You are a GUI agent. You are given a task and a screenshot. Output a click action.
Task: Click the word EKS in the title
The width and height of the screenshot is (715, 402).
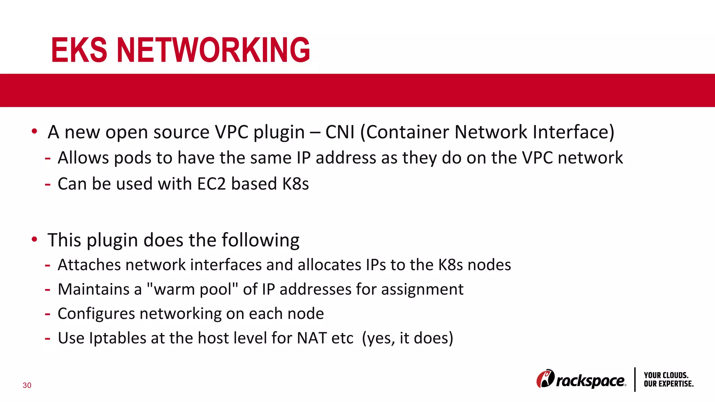pos(79,50)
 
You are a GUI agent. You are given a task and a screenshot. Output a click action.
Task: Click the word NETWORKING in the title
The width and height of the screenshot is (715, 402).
pos(213,50)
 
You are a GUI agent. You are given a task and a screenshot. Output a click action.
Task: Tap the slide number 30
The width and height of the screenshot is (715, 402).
pos(27,385)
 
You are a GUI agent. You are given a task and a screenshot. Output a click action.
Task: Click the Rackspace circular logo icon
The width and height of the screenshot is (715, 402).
pos(545,379)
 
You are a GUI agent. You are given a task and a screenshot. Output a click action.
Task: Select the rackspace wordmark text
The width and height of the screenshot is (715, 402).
pos(590,381)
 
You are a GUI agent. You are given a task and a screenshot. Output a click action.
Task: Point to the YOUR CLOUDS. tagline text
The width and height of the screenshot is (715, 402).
pos(666,375)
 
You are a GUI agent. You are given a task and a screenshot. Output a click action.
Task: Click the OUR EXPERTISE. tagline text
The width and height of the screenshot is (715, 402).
pos(669,384)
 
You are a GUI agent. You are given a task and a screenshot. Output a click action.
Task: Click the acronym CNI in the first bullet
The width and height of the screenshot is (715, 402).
pos(340,132)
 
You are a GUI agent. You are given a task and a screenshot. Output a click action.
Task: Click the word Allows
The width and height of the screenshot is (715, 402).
pos(83,158)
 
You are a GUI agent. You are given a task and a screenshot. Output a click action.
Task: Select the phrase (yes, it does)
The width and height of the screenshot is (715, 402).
pos(407,338)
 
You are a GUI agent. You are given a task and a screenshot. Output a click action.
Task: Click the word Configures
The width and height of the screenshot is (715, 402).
pos(96,314)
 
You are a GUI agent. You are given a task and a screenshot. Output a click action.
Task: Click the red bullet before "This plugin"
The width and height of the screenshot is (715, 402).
pos(34,239)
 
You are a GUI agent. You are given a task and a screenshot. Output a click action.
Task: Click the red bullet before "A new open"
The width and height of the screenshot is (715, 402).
pos(34,132)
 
